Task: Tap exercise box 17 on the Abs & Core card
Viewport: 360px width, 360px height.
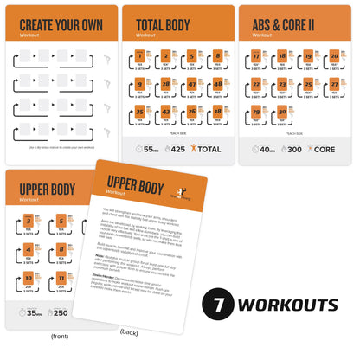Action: pos(256,58)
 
